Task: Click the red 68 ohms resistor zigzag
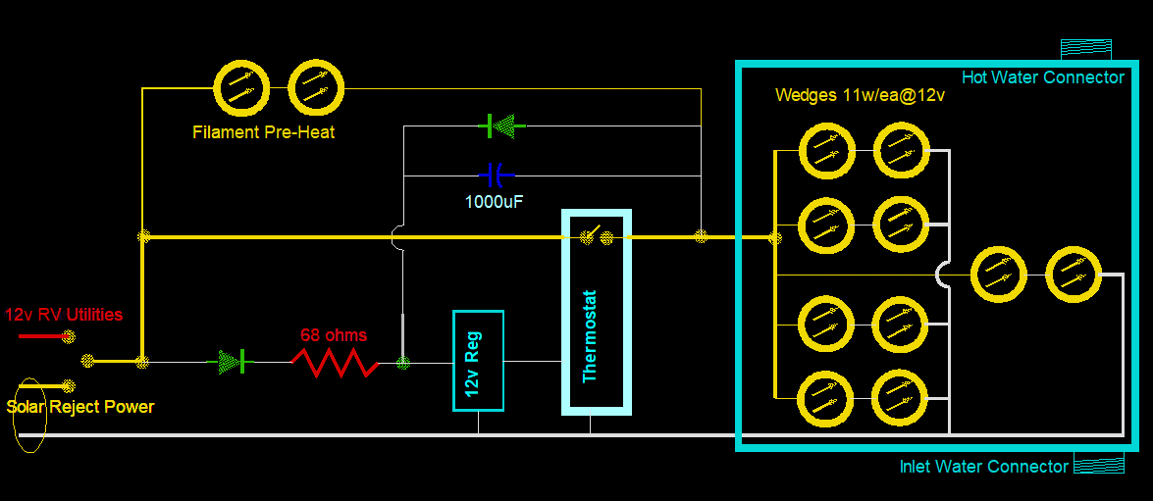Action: [334, 363]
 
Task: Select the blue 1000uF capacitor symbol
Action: [497, 175]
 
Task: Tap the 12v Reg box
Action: [478, 361]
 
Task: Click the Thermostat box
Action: [596, 312]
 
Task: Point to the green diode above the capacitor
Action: [501, 125]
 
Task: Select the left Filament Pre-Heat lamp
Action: [241, 88]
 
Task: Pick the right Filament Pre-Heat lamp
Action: [316, 88]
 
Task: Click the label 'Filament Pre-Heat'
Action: [263, 131]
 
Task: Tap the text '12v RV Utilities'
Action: [64, 315]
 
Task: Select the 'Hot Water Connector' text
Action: [1042, 77]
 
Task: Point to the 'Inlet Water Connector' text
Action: [983, 467]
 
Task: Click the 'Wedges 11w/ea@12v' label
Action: [860, 95]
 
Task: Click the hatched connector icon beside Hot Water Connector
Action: [1085, 49]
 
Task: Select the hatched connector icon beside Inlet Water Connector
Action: [1099, 463]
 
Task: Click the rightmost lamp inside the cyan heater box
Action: [1074, 275]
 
